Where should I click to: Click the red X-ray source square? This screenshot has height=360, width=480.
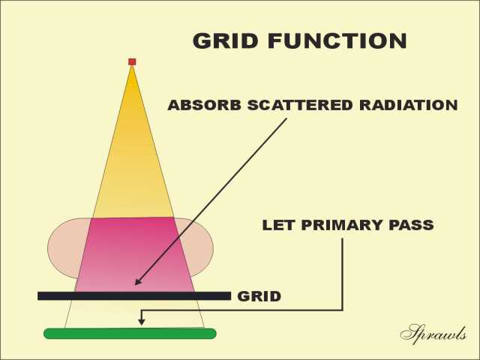pyautogui.click(x=132, y=61)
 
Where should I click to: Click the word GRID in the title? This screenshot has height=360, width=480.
pyautogui.click(x=225, y=40)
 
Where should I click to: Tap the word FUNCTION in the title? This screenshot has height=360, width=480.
pyautogui.click(x=337, y=40)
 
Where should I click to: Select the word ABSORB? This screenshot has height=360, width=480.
pyautogui.click(x=205, y=105)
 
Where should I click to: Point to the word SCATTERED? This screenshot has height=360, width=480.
pyautogui.click(x=300, y=105)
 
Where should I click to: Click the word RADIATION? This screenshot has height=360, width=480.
pyautogui.click(x=409, y=105)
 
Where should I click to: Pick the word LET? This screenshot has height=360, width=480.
pyautogui.click(x=278, y=225)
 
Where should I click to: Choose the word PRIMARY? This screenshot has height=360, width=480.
pyautogui.click(x=341, y=225)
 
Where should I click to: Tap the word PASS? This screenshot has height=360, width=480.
pyautogui.click(x=411, y=225)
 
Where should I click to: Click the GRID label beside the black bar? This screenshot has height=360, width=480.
pyautogui.click(x=259, y=296)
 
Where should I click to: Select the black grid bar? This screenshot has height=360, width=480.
pyautogui.click(x=134, y=296)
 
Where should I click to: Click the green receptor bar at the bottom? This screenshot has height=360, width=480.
pyautogui.click(x=130, y=333)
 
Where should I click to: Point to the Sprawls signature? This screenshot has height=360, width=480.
pyautogui.click(x=433, y=333)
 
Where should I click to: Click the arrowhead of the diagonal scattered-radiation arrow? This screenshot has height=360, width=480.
pyautogui.click(x=137, y=282)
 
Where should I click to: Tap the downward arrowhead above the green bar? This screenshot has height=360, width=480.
pyautogui.click(x=141, y=322)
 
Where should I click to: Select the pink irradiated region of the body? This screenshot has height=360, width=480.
pyautogui.click(x=134, y=254)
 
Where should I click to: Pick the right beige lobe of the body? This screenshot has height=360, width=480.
pyautogui.click(x=196, y=245)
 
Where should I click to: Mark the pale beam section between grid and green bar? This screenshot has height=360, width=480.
pyautogui.click(x=135, y=314)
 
